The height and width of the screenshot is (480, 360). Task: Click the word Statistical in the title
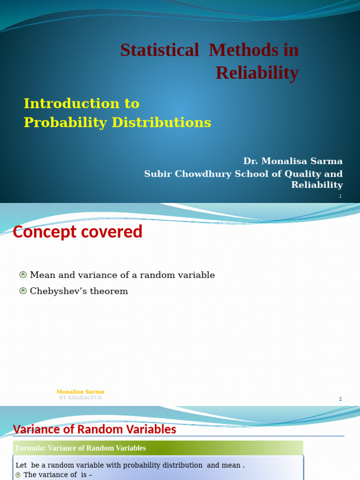pyautogui.click(x=159, y=50)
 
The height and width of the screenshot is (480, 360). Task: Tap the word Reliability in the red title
pyautogui.click(x=257, y=73)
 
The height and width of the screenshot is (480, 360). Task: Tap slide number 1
pyautogui.click(x=340, y=196)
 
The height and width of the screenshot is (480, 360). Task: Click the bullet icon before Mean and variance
pyautogui.click(x=23, y=275)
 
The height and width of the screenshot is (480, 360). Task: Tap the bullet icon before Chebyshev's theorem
pyautogui.click(x=23, y=291)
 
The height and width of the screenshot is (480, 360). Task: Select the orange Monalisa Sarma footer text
pyautogui.click(x=80, y=392)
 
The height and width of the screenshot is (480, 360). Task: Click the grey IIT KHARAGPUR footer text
pyautogui.click(x=80, y=398)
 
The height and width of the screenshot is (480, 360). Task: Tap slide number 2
pyautogui.click(x=340, y=399)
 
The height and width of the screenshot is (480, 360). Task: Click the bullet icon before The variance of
pyautogui.click(x=18, y=475)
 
